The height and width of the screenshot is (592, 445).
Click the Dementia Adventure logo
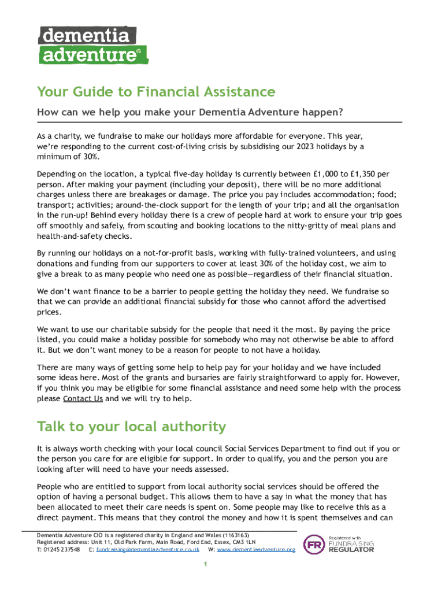[92, 45]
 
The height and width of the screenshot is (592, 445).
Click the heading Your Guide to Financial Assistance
[156, 92]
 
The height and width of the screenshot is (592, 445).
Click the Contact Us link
[83, 399]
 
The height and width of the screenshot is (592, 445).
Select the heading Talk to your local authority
[131, 427]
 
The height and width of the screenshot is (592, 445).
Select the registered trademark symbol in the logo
[138, 51]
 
